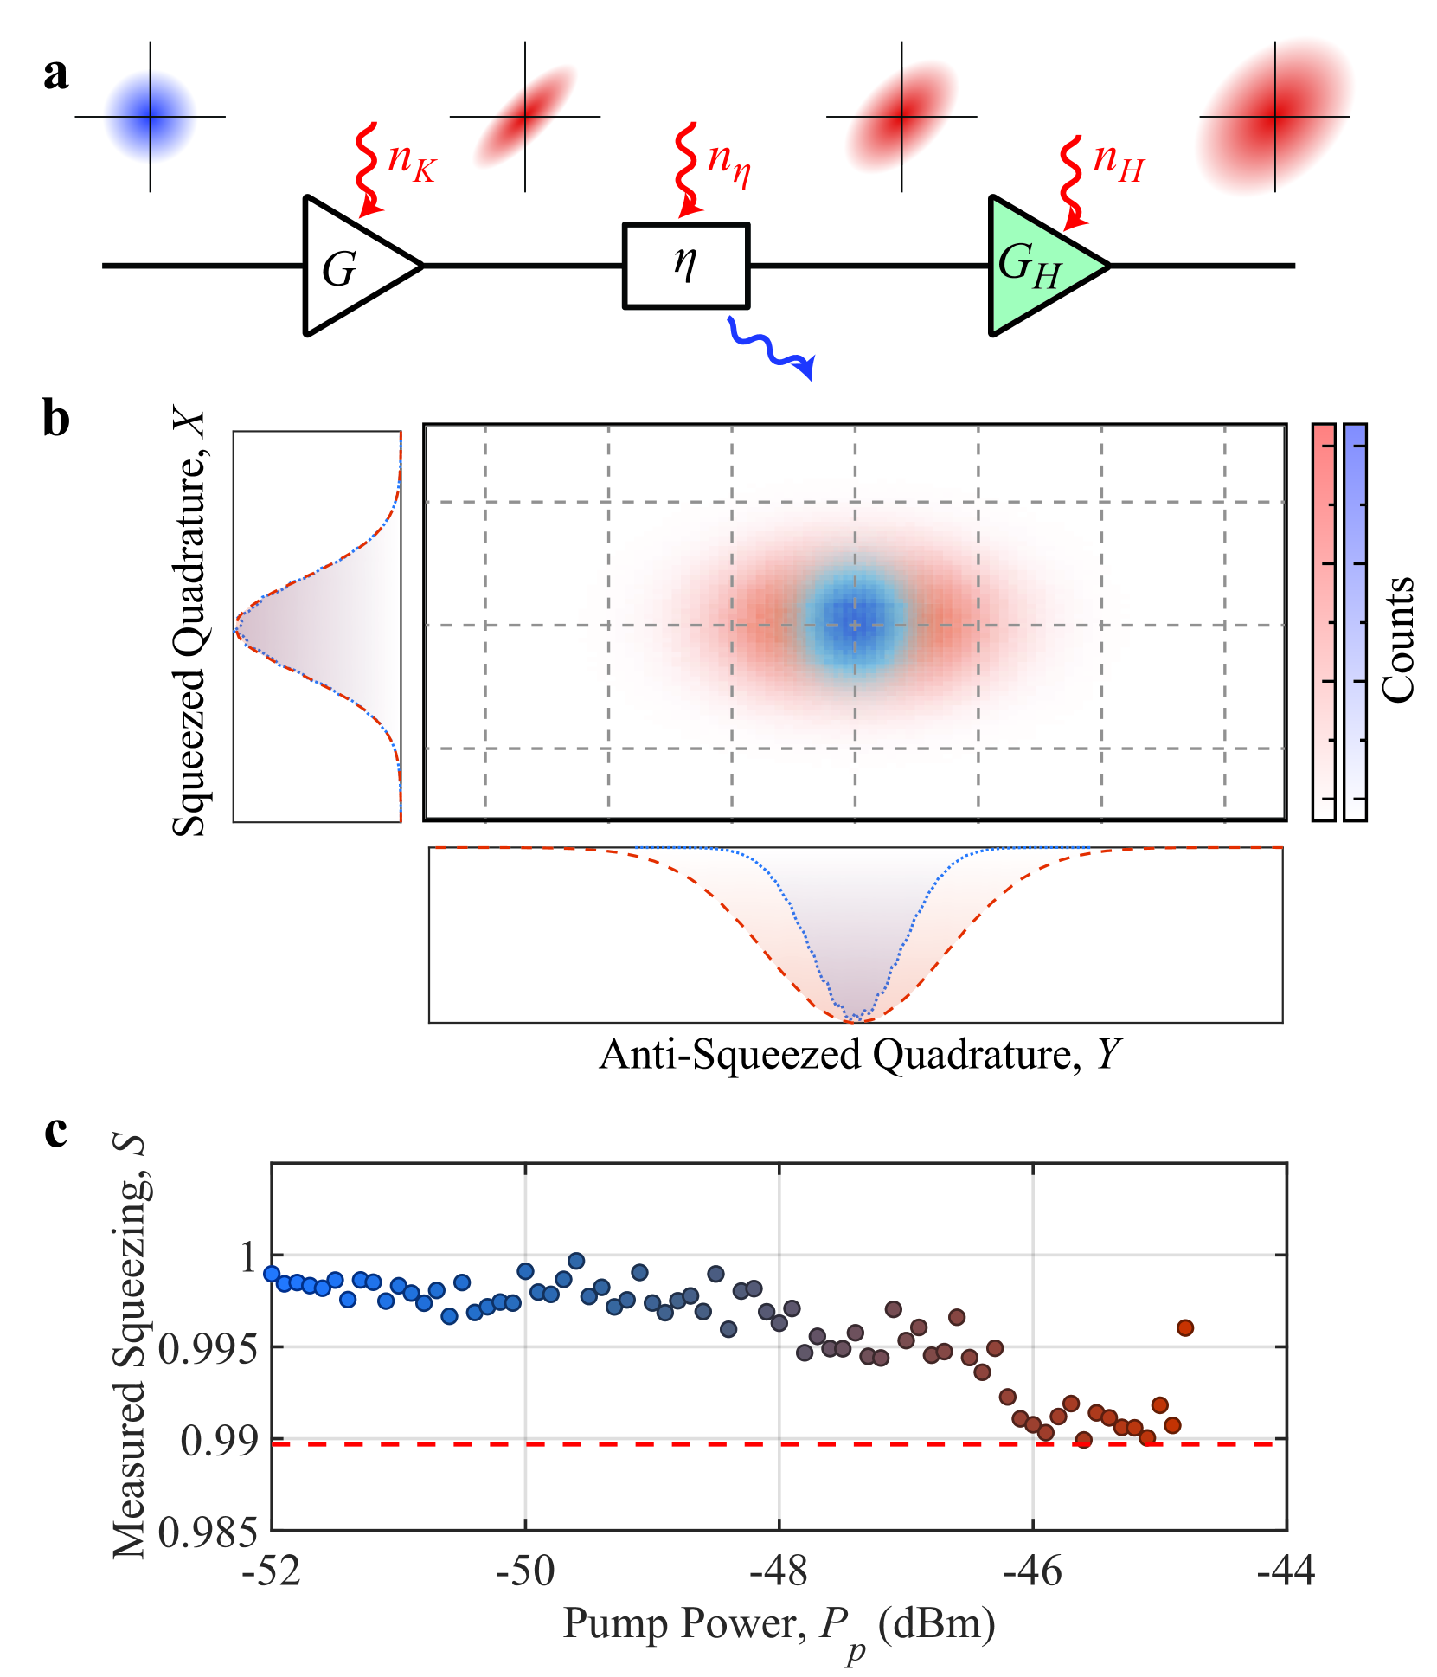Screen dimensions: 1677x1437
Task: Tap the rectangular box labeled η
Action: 686,266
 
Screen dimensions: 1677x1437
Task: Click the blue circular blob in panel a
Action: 150,117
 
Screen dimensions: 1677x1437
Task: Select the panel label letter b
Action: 56,420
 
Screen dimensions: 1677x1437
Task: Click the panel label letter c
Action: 55,1131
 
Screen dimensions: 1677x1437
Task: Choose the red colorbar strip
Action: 1324,622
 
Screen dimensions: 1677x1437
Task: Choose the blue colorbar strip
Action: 1355,622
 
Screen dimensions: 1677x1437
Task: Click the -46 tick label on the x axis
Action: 1032,1571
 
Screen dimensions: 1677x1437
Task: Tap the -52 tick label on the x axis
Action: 272,1571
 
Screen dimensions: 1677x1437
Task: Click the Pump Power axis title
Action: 779,1624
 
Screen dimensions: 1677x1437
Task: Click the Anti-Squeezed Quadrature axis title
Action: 860,1055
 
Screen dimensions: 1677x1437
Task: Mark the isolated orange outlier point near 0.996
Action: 1185,1327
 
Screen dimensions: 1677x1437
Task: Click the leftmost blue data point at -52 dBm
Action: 272,1273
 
